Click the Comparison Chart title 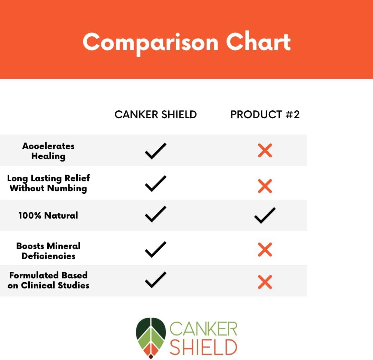coord(186,42)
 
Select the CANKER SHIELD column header coord(155,115)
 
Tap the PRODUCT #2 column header coord(265,115)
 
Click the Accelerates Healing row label coord(48,151)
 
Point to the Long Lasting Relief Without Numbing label coord(48,183)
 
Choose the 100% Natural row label coord(48,215)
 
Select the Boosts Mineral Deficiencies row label coord(48,251)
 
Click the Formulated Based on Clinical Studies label coord(48,280)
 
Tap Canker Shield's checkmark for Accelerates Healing coord(155,151)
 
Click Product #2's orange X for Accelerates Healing coord(265,151)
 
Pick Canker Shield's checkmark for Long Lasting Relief coord(155,183)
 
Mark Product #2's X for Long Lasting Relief coord(265,186)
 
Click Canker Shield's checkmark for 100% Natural coord(155,214)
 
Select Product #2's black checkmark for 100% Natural coord(265,215)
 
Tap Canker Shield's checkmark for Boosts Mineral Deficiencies coord(155,249)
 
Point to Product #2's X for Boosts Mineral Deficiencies coord(265,250)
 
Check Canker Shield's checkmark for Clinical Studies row coord(155,280)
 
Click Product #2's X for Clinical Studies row coord(265,282)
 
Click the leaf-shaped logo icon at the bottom coord(151,338)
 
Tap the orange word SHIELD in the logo coord(203,347)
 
